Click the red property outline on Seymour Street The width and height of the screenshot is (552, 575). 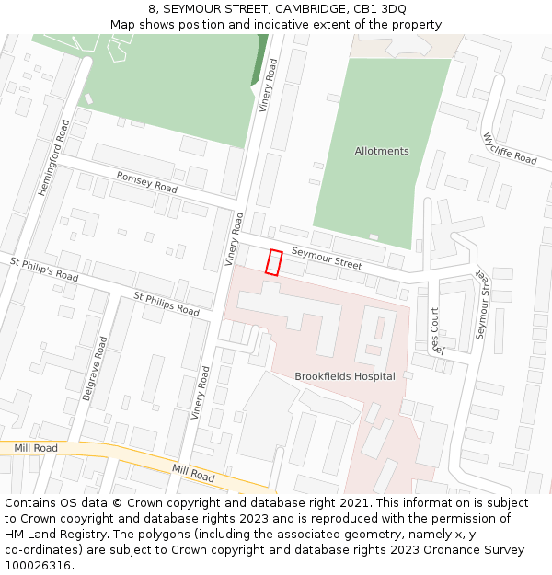pyautogui.click(x=273, y=262)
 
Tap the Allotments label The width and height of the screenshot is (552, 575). pyautogui.click(x=382, y=151)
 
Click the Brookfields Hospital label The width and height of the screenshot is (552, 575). pyautogui.click(x=345, y=376)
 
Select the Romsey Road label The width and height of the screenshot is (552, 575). pyautogui.click(x=146, y=181)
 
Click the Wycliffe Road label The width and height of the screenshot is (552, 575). pyautogui.click(x=510, y=148)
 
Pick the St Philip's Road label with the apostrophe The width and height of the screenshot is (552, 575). pyautogui.click(x=44, y=269)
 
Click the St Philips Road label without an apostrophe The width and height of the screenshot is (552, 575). pyautogui.click(x=167, y=304)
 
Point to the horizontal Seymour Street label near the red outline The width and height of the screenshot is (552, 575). pyautogui.click(x=327, y=258)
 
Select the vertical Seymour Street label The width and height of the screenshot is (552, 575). pyautogui.click(x=484, y=305)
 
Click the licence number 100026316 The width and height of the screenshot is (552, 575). pyautogui.click(x=38, y=566)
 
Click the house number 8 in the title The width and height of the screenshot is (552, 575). pyautogui.click(x=151, y=9)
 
